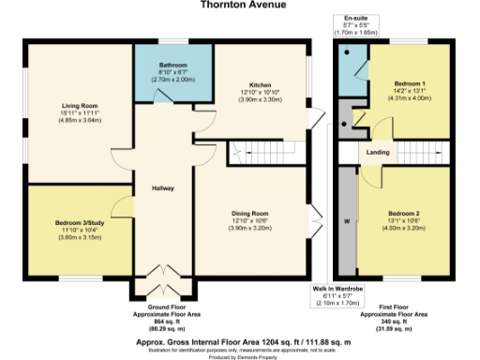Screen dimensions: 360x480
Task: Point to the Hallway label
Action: pos(165,188)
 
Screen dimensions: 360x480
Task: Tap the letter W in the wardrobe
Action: pos(346,221)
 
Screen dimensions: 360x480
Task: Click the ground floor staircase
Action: pos(250,148)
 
